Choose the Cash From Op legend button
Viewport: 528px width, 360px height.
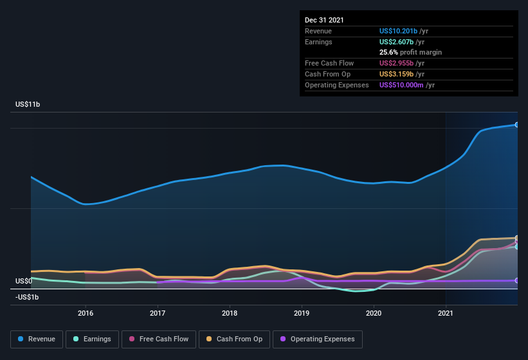pyautogui.click(x=234, y=339)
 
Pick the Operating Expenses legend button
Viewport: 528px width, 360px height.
pyautogui.click(x=317, y=339)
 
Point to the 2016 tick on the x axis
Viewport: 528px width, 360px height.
pyautogui.click(x=86, y=313)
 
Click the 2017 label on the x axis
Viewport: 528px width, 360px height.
pyautogui.click(x=158, y=313)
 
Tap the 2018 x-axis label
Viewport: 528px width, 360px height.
pyautogui.click(x=230, y=313)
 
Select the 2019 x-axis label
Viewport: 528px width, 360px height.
pyautogui.click(x=302, y=313)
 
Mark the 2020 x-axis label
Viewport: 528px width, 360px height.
pyautogui.click(x=374, y=313)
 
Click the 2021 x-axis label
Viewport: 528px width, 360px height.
pyautogui.click(x=446, y=313)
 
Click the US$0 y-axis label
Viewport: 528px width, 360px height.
pyautogui.click(x=24, y=281)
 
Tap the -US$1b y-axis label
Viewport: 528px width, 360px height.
pyautogui.click(x=27, y=297)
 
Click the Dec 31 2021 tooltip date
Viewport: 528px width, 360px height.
pyautogui.click(x=324, y=20)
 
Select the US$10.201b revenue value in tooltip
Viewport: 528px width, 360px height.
pyautogui.click(x=398, y=31)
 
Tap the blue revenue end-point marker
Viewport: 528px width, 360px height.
pyautogui.click(x=516, y=125)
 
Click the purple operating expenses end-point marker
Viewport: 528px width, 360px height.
pyautogui.click(x=516, y=280)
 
